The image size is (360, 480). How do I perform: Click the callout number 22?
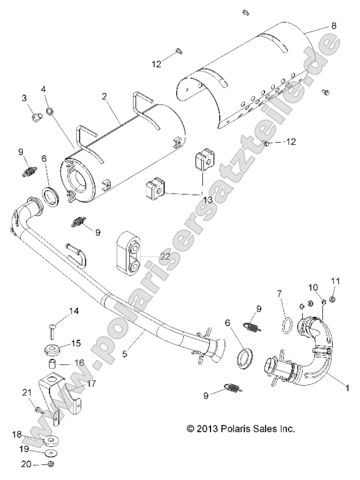pyautogui.click(x=165, y=256)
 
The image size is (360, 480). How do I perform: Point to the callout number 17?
pyautogui.click(x=91, y=383)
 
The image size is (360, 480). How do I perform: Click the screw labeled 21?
pyautogui.click(x=39, y=409)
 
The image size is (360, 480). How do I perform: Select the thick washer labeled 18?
pyautogui.click(x=50, y=440)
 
